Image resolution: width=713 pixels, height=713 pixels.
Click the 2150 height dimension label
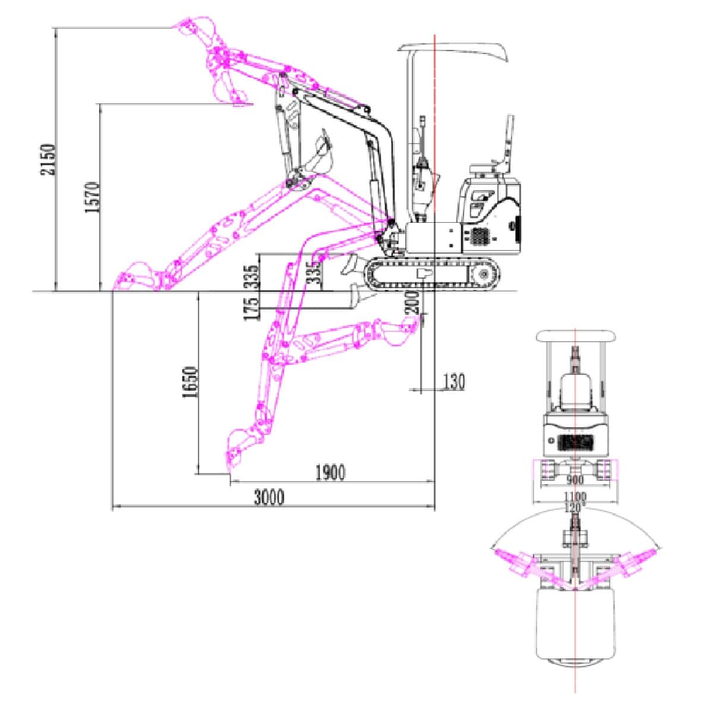[48, 159]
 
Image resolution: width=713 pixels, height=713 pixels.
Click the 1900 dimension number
[330, 473]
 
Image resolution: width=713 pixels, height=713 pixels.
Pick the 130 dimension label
[454, 382]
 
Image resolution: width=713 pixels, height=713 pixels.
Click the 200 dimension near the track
[414, 302]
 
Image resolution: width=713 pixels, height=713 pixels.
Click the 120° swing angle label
[575, 508]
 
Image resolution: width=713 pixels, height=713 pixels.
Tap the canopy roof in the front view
[575, 336]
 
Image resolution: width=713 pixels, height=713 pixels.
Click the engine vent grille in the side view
[478, 237]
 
